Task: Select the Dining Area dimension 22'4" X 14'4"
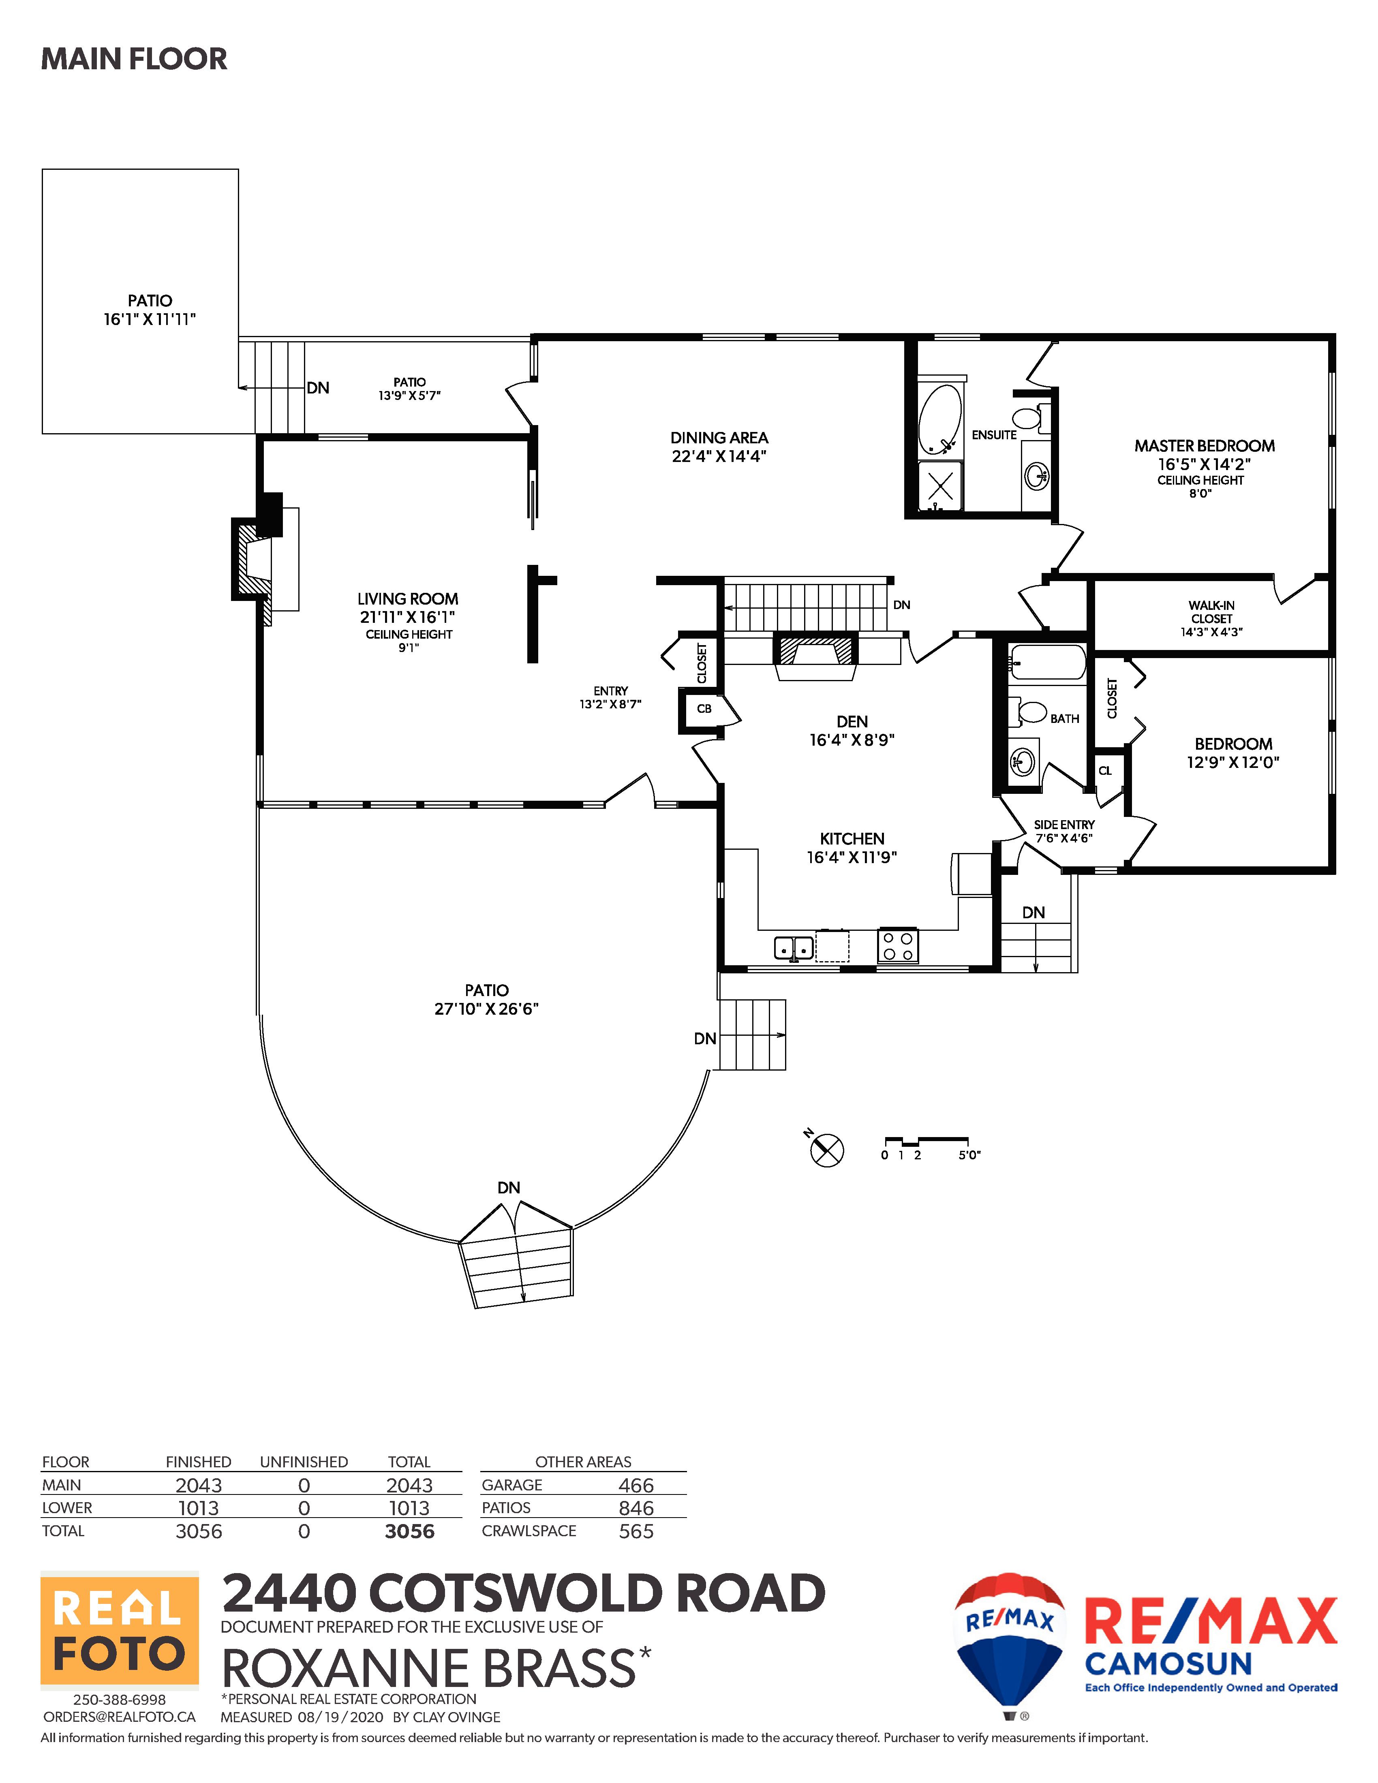click(x=719, y=456)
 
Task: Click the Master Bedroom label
click(x=1204, y=446)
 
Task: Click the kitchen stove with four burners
click(x=898, y=945)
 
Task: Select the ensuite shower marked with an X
click(x=940, y=487)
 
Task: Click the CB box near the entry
click(x=704, y=709)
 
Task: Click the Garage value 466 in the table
click(x=636, y=1485)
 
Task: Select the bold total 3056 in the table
click(x=410, y=1531)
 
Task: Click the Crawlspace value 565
click(x=636, y=1531)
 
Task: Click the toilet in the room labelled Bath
click(x=1031, y=712)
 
